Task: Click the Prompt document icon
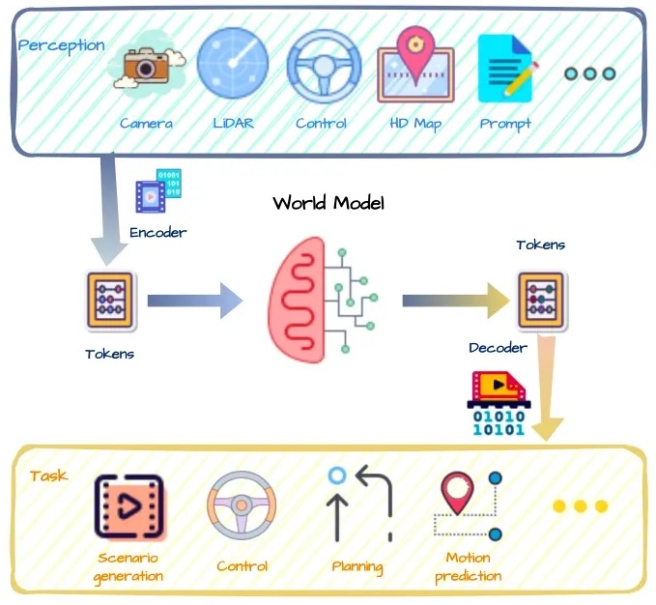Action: pos(505,69)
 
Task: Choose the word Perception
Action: pos(62,45)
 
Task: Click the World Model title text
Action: pos(328,203)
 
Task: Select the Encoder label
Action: pos(157,232)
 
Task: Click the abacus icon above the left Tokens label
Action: pos(110,300)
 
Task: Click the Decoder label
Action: pos(498,347)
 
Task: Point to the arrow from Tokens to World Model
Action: pos(194,301)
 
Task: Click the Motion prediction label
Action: pos(468,566)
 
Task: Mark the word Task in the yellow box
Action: pos(48,475)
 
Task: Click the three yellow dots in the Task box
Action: pos(580,505)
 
